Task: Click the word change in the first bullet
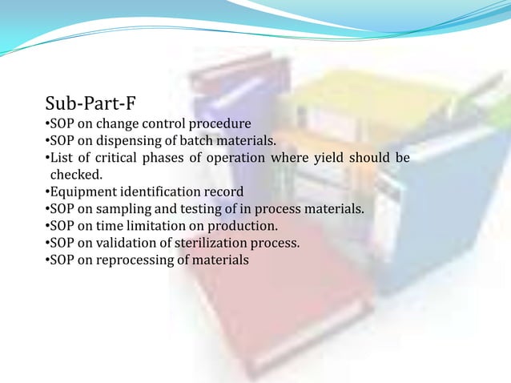[x=113, y=124]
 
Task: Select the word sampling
[x=123, y=209]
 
